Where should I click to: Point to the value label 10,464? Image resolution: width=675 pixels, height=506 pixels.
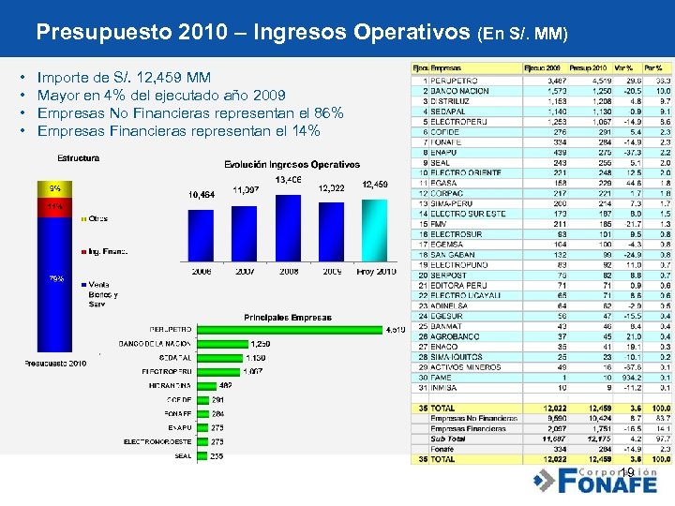tap(202, 194)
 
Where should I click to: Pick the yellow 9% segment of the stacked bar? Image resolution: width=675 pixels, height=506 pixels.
tap(58, 188)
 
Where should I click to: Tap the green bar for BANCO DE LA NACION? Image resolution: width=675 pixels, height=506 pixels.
tap(221, 344)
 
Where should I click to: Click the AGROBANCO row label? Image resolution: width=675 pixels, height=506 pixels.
tap(455, 335)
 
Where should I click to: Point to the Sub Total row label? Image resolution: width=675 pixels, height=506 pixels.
tap(448, 438)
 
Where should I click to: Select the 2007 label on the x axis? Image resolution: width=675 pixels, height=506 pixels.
tap(246, 271)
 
